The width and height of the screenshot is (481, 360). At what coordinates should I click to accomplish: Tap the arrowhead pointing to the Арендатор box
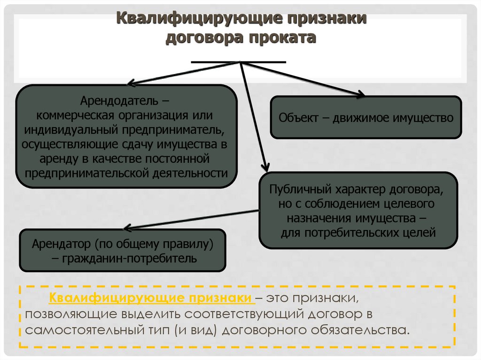[x=127, y=228]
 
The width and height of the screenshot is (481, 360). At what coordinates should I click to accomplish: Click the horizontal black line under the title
[x=239, y=62]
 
